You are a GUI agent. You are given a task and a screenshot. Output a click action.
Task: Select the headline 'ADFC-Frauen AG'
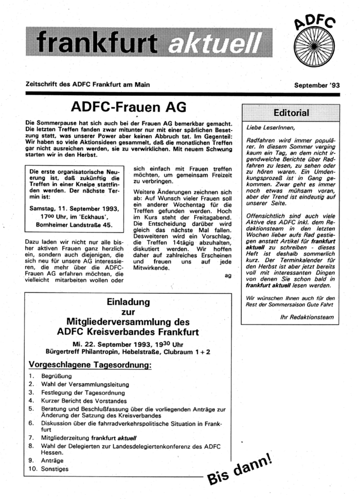[129, 109]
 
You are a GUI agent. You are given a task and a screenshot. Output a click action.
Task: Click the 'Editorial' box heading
[291, 113]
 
